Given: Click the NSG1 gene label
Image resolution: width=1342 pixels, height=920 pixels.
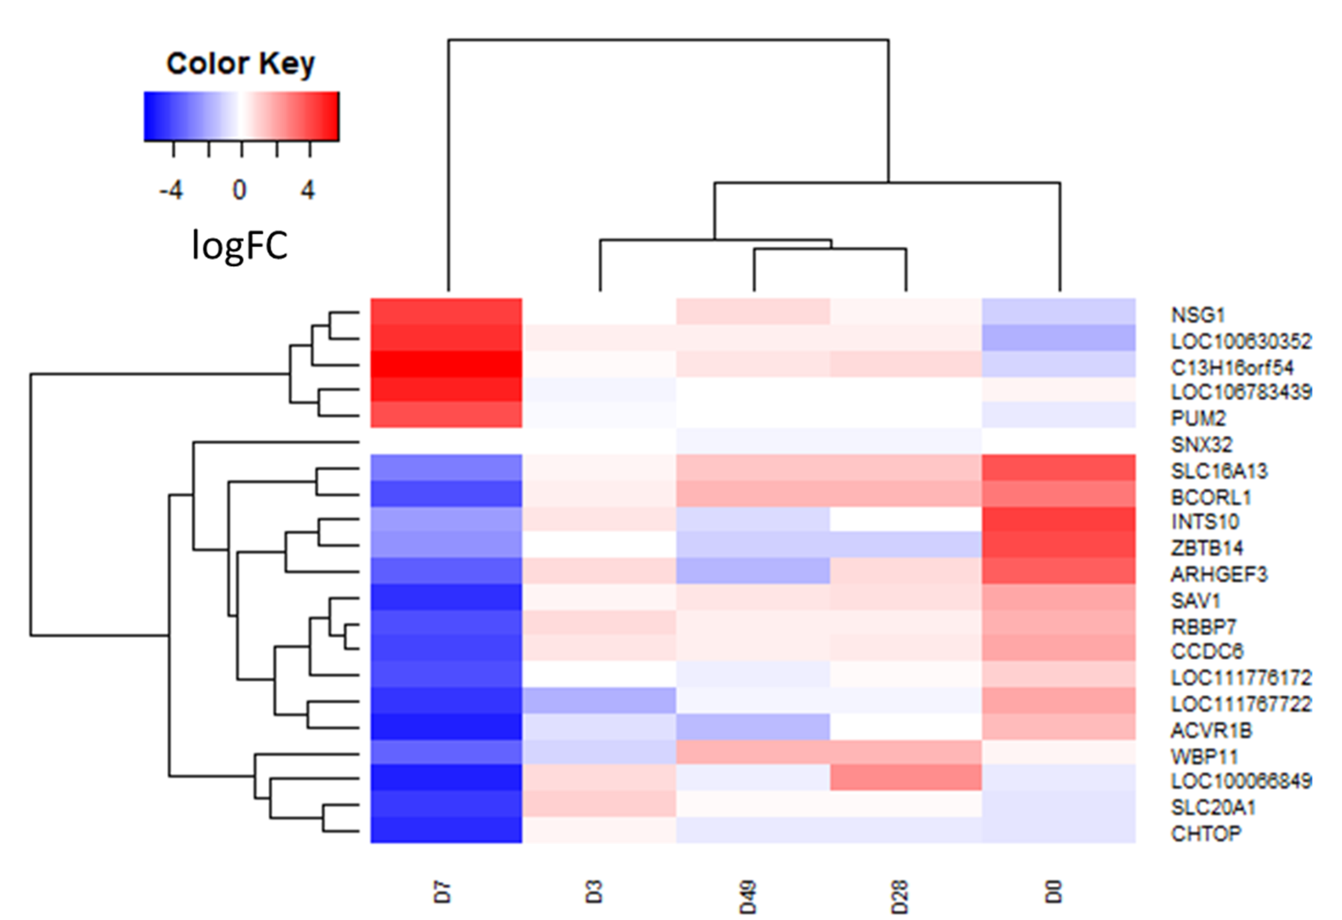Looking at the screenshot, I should click(x=1198, y=315).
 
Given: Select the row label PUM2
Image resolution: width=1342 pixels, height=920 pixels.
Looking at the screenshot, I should click(x=1198, y=417).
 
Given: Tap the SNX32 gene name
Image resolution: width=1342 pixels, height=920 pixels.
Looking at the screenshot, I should click(x=1201, y=444).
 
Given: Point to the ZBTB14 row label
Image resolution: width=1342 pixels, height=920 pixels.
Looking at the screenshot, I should click(x=1207, y=548).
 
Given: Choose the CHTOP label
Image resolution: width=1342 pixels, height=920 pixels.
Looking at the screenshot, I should click(x=1206, y=833).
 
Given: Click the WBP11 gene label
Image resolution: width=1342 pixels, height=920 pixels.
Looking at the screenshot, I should click(x=1204, y=756).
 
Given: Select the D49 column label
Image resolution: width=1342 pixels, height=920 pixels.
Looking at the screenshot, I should click(x=748, y=897).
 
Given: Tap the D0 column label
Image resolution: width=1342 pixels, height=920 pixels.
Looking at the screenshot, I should click(x=1054, y=892).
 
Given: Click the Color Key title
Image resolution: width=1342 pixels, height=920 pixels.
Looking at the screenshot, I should click(x=240, y=64).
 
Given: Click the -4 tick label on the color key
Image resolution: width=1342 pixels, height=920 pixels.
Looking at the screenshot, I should click(x=172, y=190).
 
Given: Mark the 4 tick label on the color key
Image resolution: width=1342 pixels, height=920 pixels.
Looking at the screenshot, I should click(x=308, y=190).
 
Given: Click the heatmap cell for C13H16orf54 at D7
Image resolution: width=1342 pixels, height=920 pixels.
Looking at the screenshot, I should click(x=446, y=365).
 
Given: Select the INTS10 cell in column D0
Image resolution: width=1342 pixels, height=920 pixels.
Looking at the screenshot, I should click(x=1059, y=520).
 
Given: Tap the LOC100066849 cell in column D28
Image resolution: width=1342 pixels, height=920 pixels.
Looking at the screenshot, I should click(x=905, y=777).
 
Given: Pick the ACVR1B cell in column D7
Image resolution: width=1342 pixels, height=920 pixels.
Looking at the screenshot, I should click(x=446, y=726).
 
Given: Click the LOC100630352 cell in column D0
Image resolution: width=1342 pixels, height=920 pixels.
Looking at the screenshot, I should click(x=1059, y=338).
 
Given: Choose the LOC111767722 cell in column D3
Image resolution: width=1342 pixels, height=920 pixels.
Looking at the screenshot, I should click(x=599, y=700).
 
